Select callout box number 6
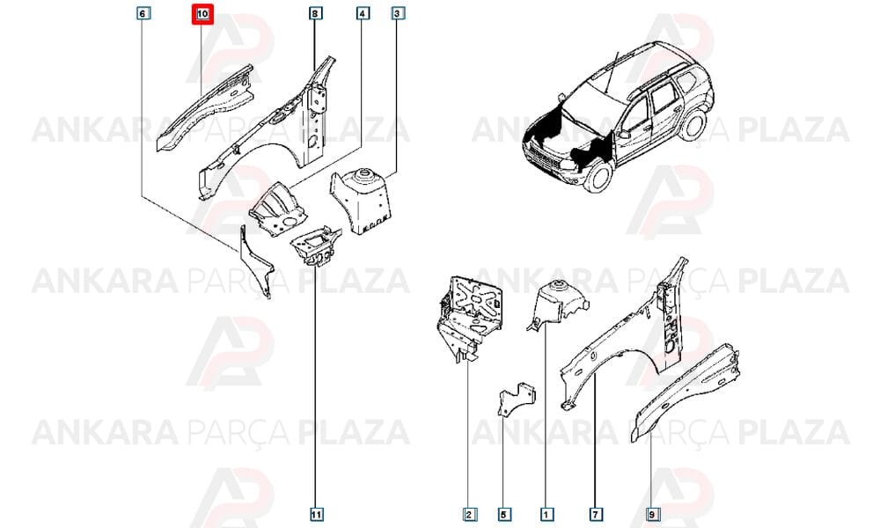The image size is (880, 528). (143, 12)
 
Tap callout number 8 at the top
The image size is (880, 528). (316, 12)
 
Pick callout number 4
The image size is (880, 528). (363, 12)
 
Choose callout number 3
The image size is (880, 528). (398, 12)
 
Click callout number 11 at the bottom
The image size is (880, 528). (317, 514)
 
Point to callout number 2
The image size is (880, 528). (470, 514)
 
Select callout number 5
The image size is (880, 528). (504, 514)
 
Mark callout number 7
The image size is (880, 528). (596, 514)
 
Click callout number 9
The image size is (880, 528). (651, 514)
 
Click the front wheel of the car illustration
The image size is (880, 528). (598, 176)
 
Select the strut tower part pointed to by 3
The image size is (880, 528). (360, 200)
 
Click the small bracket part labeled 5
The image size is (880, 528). (517, 400)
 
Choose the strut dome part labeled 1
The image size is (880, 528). (555, 304)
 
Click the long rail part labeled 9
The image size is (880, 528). (685, 392)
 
